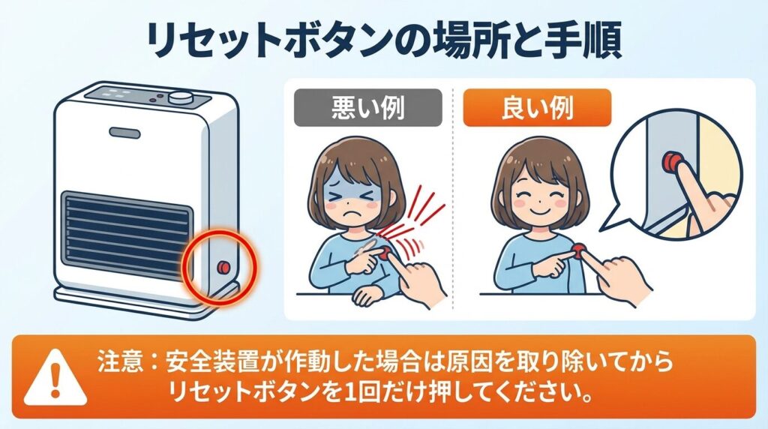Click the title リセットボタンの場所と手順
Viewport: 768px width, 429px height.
[x=384, y=43]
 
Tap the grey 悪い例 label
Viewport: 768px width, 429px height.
[x=367, y=109]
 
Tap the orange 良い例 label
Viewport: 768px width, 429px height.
[x=536, y=109]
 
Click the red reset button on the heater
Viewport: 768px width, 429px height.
[x=223, y=268]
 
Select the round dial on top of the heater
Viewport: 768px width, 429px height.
[x=181, y=97]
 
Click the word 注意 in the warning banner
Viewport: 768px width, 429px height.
[x=118, y=363]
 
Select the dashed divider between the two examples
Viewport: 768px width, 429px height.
[x=453, y=195]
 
